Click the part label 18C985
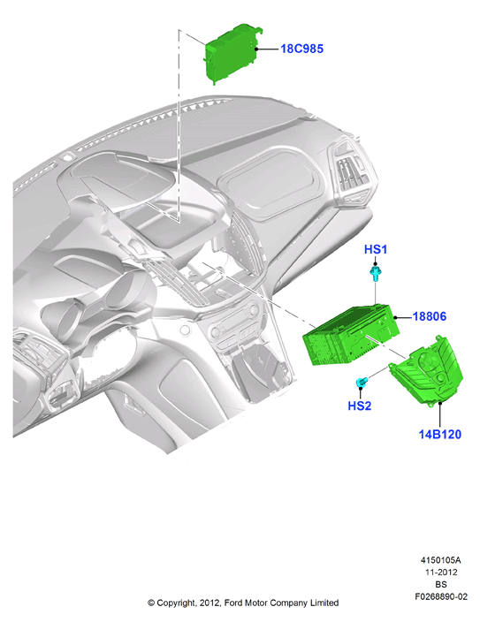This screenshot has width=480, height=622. pyautogui.click(x=301, y=49)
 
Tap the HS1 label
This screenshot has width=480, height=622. pyautogui.click(x=375, y=249)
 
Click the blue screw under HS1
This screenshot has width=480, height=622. pyautogui.click(x=375, y=273)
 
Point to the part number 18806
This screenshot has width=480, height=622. pyautogui.click(x=430, y=316)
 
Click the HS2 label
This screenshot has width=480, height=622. pyautogui.click(x=359, y=406)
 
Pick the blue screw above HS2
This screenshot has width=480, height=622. pyautogui.click(x=362, y=383)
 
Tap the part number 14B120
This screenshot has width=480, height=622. pyautogui.click(x=440, y=435)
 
